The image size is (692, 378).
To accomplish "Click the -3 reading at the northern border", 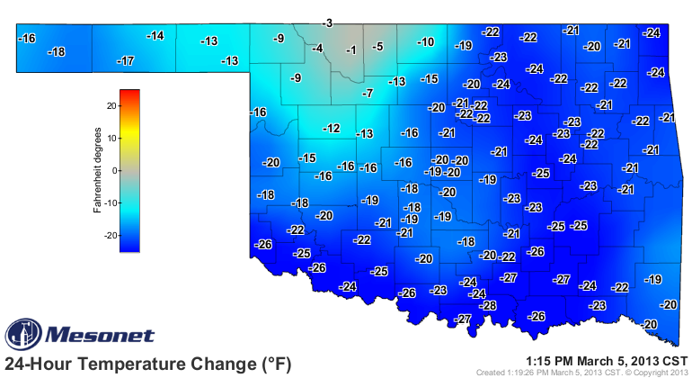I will tap(328, 22).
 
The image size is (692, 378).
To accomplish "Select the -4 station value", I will tap(317, 48).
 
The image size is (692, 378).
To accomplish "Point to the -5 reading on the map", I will tap(378, 47).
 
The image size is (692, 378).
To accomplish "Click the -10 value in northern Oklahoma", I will tap(426, 42).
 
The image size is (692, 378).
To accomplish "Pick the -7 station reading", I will tap(367, 94).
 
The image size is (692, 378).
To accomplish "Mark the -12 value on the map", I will tap(332, 129).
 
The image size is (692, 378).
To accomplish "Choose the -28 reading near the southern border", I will tap(489, 306).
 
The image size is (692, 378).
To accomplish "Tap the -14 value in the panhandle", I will tap(155, 36).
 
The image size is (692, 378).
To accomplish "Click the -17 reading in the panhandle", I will tap(126, 61).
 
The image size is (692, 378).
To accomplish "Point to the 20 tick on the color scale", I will tap(111, 105).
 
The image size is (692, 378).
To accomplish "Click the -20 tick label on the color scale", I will tap(110, 235).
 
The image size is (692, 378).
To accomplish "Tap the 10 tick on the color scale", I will tap(111, 138).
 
